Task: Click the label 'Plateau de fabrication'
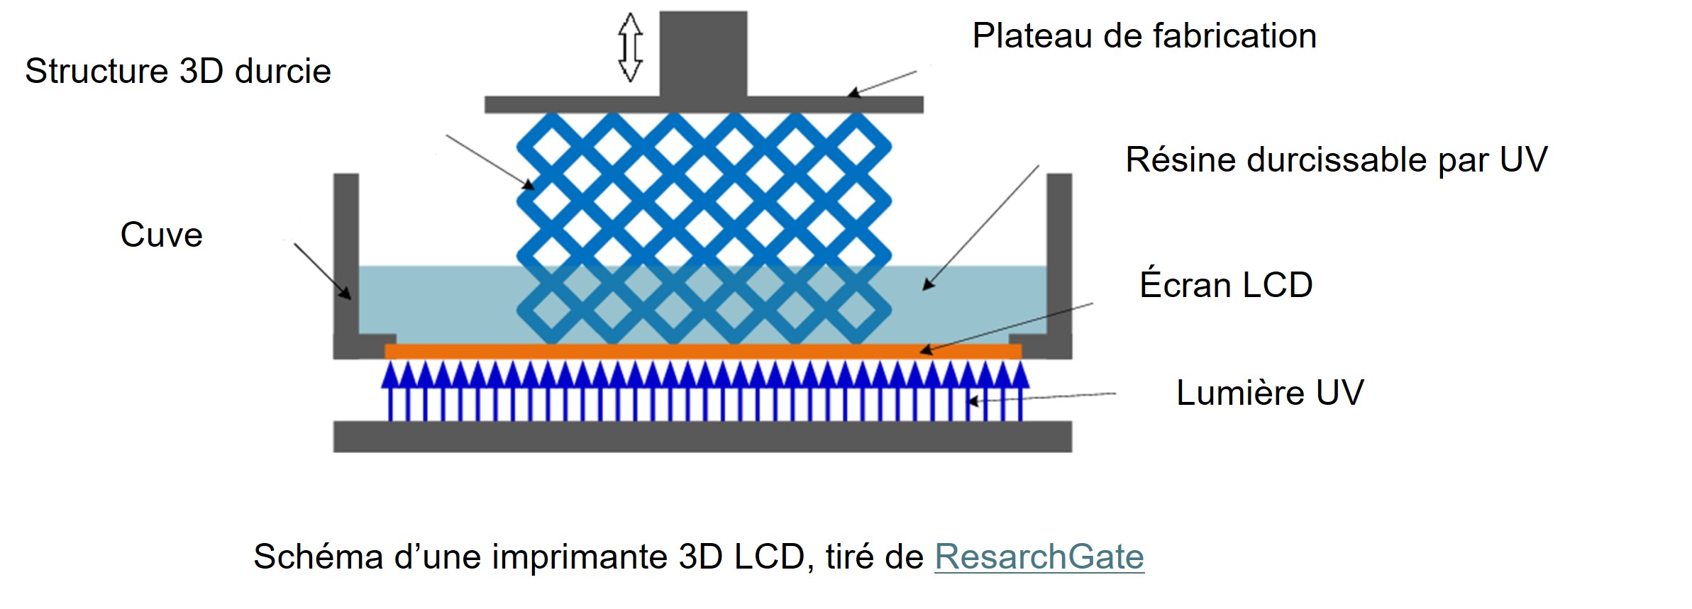point(1144,36)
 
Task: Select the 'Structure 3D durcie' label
point(178,72)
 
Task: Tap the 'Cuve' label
point(162,235)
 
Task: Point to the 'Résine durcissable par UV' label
point(1336,160)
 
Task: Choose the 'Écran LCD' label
point(1226,285)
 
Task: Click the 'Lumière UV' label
point(1270,393)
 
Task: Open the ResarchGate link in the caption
point(1039,557)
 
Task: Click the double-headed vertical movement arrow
point(630,47)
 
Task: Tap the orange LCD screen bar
point(702,351)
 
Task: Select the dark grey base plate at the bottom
point(702,436)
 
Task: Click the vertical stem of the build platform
point(703,53)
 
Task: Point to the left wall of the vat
point(346,255)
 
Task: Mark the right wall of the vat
point(1059,255)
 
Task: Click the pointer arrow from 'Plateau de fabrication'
point(883,82)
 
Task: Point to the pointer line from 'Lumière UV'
point(1043,397)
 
